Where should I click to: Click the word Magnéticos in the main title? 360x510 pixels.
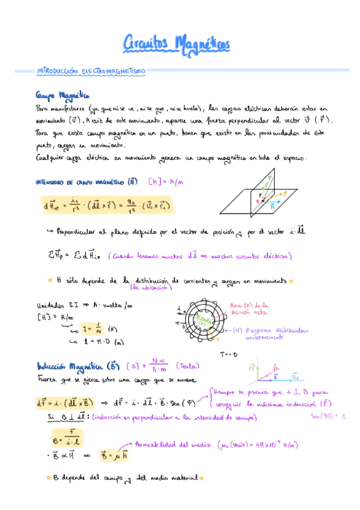tap(201, 44)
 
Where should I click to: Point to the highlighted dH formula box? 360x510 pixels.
tap(106, 206)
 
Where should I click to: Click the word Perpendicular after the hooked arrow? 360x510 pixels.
tap(81, 231)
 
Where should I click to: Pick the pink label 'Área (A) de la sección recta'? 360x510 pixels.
tap(252, 309)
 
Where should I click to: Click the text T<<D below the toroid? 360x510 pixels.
tap(229, 355)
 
